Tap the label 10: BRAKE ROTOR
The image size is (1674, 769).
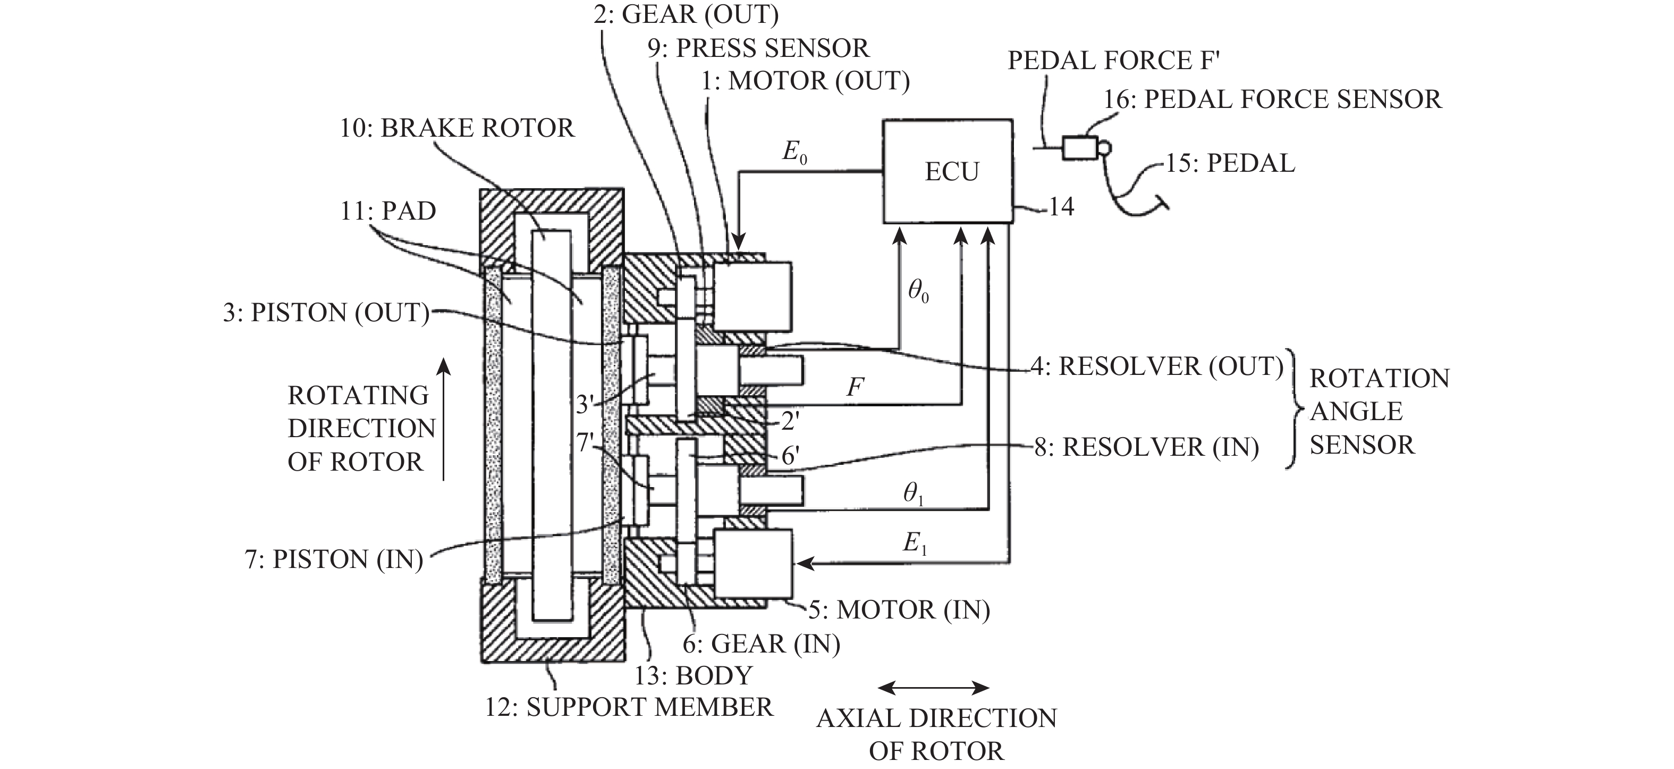pos(457,128)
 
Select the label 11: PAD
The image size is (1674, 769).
pos(388,211)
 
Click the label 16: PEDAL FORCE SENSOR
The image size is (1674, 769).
pos(1272,99)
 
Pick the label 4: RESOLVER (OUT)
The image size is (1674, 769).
pos(1157,366)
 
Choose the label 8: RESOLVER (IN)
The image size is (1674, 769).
pos(1146,447)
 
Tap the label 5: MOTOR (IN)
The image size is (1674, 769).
pos(899,610)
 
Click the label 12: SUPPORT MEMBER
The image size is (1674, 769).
pos(629,707)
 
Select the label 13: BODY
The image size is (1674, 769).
pos(694,675)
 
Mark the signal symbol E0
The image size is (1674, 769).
pos(794,153)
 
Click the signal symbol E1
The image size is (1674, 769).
pos(915,543)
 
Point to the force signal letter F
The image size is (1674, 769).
pos(855,388)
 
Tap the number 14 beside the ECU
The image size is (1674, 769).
pos(1061,207)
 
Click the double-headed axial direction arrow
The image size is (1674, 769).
pos(933,687)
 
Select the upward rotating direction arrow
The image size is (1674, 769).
pos(443,419)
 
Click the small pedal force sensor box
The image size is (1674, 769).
pos(1080,148)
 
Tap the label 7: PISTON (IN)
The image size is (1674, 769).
pos(334,559)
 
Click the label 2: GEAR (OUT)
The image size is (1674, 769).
pos(686,14)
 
